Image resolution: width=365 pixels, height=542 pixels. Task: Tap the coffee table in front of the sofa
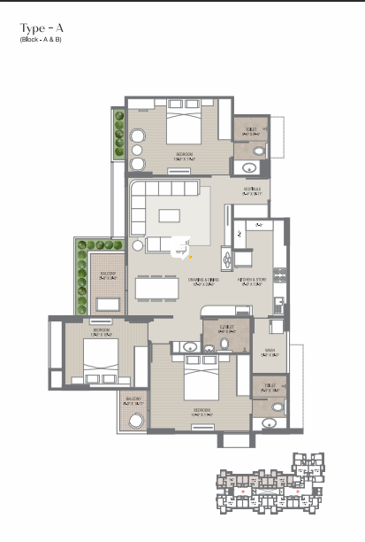173,214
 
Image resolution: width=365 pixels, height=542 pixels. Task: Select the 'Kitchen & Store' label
253,283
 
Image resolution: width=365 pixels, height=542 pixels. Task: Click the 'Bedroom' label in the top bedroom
184,155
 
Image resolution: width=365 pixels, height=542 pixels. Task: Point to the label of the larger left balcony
107,275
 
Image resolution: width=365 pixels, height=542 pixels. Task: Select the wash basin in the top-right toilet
259,151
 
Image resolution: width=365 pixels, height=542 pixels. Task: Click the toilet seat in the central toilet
209,348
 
